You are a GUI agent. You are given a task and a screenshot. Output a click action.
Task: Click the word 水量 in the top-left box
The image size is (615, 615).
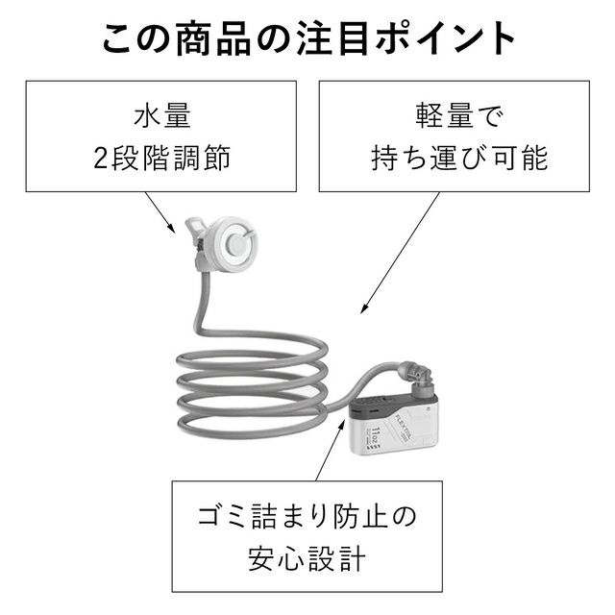click(162, 117)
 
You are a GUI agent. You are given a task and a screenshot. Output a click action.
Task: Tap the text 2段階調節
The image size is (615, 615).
click(162, 158)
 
